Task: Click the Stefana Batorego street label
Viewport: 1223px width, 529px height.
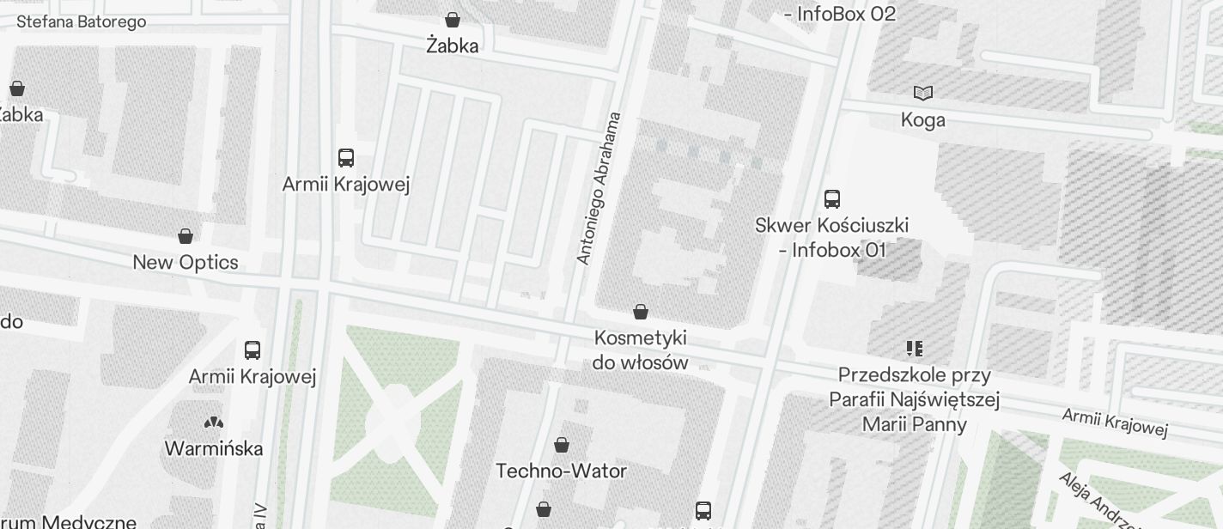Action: coord(82,21)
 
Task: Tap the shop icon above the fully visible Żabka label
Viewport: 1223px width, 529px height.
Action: coord(453,19)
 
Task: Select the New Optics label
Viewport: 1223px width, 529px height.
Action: coord(186,262)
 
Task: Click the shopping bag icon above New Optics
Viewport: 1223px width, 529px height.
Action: coord(186,235)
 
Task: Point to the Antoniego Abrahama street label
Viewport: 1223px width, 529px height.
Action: coord(599,188)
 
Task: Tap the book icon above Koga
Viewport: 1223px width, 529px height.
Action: coord(923,93)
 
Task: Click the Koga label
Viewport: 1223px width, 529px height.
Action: coord(923,120)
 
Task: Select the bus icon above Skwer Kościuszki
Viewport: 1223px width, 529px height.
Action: coord(831,199)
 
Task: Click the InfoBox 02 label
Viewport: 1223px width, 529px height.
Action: coord(841,14)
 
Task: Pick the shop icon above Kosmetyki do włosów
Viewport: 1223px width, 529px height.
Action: coord(640,311)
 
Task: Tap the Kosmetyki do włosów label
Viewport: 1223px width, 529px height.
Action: coord(640,350)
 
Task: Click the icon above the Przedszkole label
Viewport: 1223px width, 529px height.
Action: coord(914,349)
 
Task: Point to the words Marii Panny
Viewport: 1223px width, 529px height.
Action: coord(915,424)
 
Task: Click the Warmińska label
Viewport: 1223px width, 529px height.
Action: coord(213,448)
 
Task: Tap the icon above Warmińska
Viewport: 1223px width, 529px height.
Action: coord(213,423)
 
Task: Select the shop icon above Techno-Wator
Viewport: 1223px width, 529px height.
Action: coord(562,445)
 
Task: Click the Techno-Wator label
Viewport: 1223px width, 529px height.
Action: coord(562,471)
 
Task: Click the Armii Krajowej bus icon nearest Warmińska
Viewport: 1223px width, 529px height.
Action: coord(253,350)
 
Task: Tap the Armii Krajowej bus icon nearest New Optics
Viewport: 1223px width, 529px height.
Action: coord(346,158)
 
